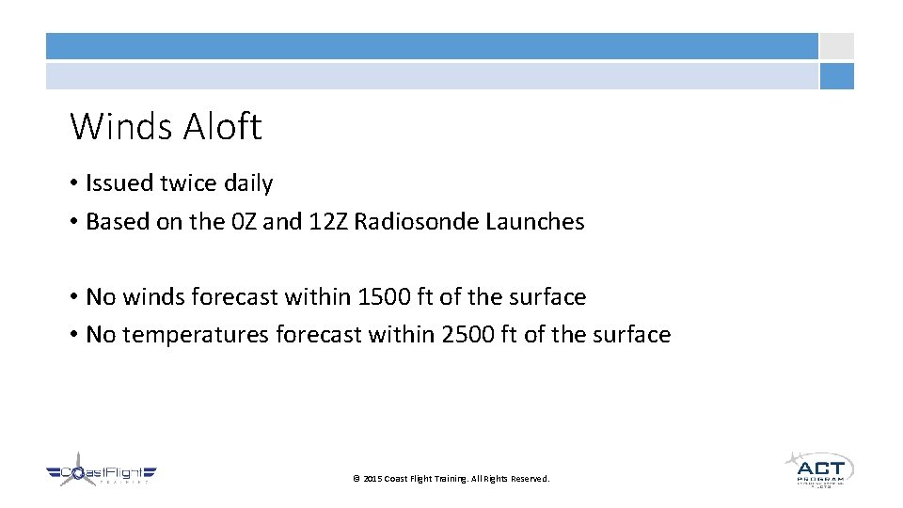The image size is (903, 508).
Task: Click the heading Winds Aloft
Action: point(166,126)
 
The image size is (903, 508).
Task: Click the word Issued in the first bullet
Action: point(115,183)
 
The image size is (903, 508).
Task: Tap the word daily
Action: point(248,183)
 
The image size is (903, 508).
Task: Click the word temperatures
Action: point(200,336)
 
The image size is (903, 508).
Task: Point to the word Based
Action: point(114,222)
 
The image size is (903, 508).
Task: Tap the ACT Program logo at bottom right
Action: point(818,468)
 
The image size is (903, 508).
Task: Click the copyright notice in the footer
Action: point(451,479)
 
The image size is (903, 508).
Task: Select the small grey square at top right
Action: point(836,46)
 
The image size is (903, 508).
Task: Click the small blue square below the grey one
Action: point(836,76)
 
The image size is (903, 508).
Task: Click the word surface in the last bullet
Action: point(630,335)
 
